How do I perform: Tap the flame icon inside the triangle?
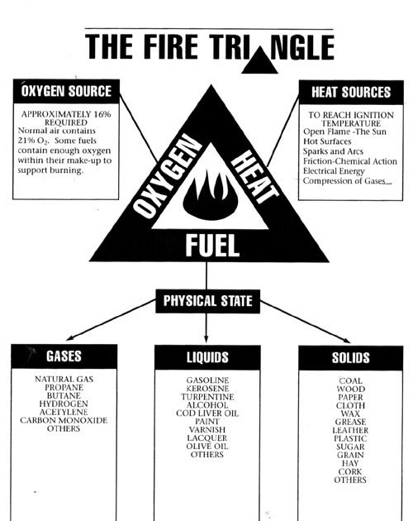pyautogui.click(x=210, y=197)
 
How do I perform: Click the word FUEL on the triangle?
pyautogui.click(x=212, y=246)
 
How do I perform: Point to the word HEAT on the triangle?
pyautogui.click(x=255, y=177)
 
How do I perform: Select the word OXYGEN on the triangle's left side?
pyautogui.click(x=167, y=177)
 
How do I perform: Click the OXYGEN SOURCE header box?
pyautogui.click(x=66, y=91)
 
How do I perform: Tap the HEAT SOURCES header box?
pyautogui.click(x=351, y=93)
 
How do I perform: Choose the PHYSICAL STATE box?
pyautogui.click(x=208, y=301)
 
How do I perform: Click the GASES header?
pyautogui.click(x=64, y=356)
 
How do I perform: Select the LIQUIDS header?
pyautogui.click(x=207, y=357)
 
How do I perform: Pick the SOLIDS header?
pyautogui.click(x=351, y=358)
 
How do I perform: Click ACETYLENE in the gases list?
pyautogui.click(x=64, y=412)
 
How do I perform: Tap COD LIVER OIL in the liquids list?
pyautogui.click(x=207, y=413)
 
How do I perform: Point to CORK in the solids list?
pyautogui.click(x=350, y=471)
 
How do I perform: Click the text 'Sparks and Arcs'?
pyautogui.click(x=333, y=151)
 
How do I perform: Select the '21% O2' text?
pyautogui.click(x=33, y=141)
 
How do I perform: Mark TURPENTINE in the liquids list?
pyautogui.click(x=207, y=397)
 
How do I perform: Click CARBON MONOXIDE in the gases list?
pyautogui.click(x=64, y=420)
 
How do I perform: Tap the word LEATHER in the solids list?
pyautogui.click(x=350, y=430)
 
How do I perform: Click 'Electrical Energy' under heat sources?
pyautogui.click(x=334, y=171)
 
